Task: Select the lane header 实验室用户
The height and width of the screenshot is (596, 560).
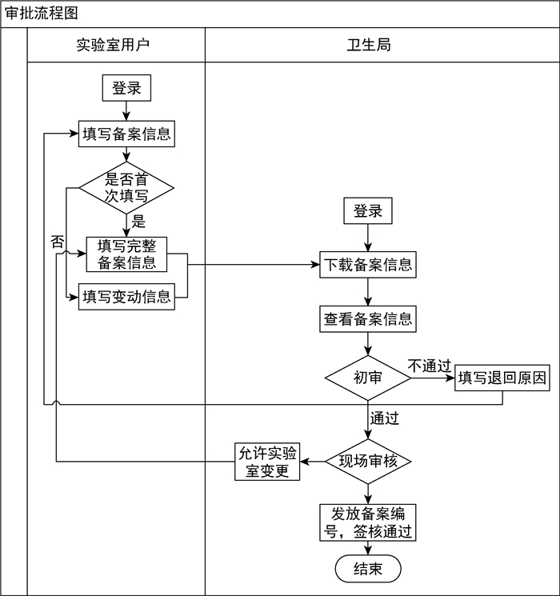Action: click(x=113, y=45)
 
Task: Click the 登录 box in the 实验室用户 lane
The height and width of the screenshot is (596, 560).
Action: click(x=126, y=88)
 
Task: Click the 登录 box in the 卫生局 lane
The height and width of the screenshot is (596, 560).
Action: click(x=368, y=211)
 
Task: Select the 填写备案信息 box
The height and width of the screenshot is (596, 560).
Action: click(x=126, y=134)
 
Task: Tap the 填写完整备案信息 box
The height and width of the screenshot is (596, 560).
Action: click(x=126, y=254)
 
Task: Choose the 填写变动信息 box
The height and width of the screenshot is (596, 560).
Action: click(x=126, y=297)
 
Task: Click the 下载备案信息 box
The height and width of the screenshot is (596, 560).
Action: click(x=368, y=264)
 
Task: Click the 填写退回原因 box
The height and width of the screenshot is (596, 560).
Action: click(x=502, y=378)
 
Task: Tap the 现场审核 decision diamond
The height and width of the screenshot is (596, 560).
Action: click(x=368, y=461)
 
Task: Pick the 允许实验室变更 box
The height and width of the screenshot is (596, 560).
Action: click(x=267, y=462)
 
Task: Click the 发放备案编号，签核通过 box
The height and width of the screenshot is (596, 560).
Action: click(x=368, y=522)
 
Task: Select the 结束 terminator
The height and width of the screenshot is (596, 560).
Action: click(x=368, y=569)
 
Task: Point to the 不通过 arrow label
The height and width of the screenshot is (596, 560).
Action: click(x=430, y=366)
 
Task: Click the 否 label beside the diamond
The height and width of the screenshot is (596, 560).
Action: click(x=57, y=242)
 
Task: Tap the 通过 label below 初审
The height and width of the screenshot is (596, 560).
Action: click(x=384, y=417)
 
